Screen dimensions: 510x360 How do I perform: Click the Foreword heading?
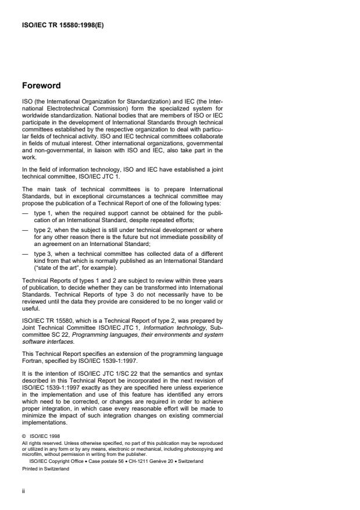pyautogui.click(x=41, y=86)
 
